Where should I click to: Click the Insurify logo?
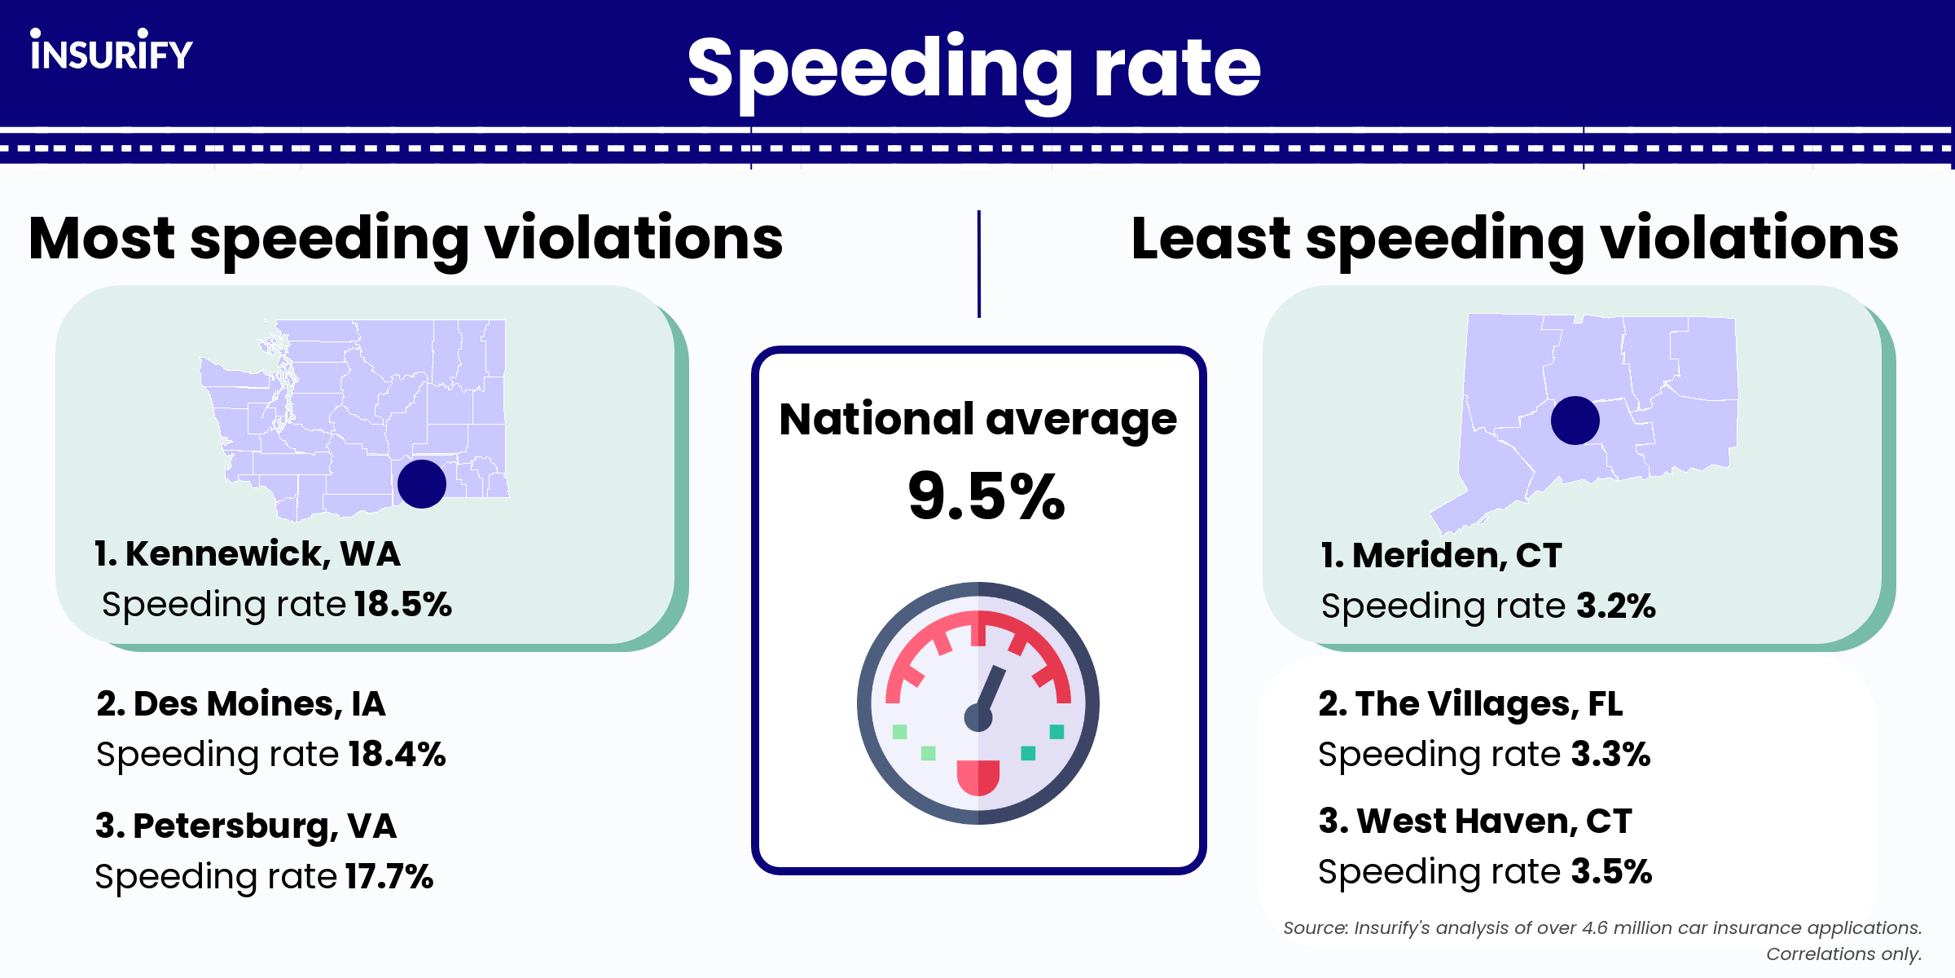112,51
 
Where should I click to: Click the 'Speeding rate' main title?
973,68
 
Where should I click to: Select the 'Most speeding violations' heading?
406,239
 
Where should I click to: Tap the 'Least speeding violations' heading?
1514,239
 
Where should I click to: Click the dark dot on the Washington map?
422,484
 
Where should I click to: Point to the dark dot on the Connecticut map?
1575,421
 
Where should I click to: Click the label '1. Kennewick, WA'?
248,554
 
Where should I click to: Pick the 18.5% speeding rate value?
402,605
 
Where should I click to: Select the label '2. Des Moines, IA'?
241,704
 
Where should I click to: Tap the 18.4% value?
397,755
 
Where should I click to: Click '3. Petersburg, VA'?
246,826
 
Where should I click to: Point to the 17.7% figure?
389,877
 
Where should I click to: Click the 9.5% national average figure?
986,496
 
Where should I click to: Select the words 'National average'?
977,420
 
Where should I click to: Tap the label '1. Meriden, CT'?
1441,556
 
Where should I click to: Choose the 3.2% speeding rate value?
1615,606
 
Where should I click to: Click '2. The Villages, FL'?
1470,704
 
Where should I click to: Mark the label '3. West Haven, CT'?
1475,822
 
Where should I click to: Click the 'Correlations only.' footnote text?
1843,954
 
